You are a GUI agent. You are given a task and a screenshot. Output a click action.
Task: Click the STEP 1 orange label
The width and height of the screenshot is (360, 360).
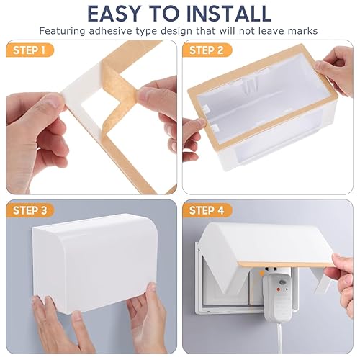point(30,50)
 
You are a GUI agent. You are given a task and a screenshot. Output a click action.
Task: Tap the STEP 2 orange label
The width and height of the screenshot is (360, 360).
point(207,50)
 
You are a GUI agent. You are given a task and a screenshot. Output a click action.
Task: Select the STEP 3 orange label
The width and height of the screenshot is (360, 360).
point(30,210)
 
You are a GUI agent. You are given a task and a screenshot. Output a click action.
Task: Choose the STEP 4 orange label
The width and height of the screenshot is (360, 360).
point(207,210)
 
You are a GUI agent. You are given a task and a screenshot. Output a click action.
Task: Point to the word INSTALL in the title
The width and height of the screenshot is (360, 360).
point(229,13)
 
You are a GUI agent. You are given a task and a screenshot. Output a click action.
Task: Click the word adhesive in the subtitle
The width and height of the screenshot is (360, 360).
point(110,31)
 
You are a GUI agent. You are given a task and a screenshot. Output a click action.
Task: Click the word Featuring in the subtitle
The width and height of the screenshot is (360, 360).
point(62,32)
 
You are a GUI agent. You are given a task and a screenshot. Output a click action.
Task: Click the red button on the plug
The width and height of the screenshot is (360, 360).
point(278,290)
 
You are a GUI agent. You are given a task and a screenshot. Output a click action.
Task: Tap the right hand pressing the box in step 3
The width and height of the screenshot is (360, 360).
point(146,317)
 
